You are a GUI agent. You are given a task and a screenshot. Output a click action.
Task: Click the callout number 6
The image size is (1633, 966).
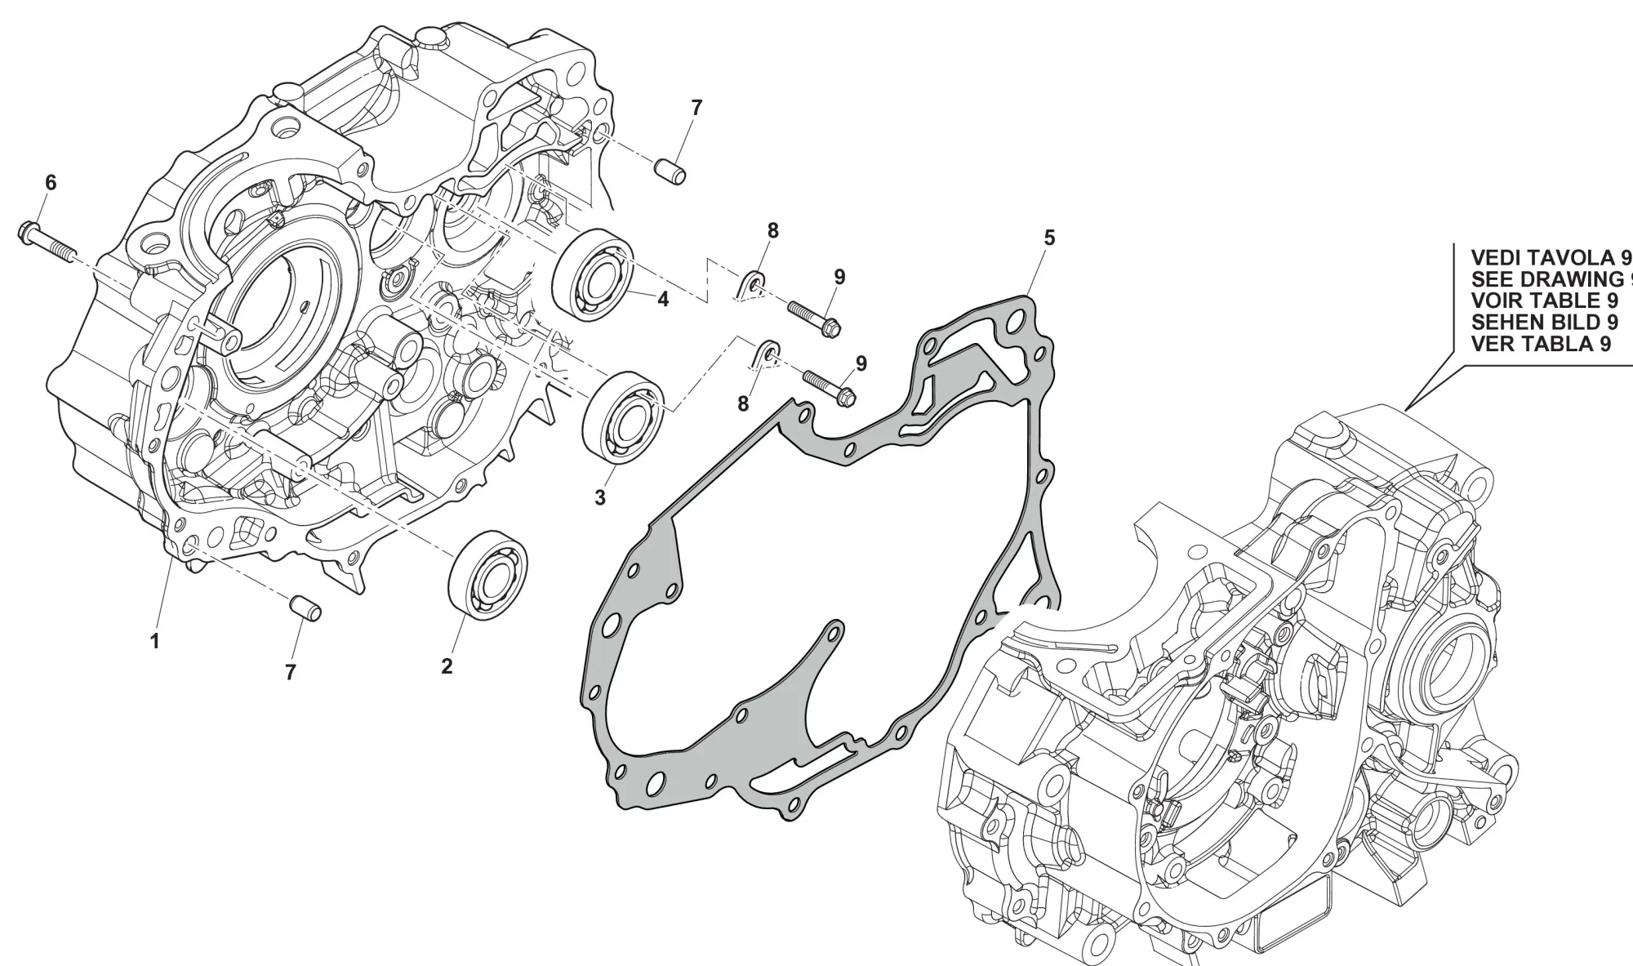[x=51, y=183]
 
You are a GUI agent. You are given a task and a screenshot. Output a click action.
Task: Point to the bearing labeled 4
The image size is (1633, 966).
[x=592, y=274]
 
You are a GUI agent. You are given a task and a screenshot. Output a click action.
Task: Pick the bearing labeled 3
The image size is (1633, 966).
[x=625, y=418]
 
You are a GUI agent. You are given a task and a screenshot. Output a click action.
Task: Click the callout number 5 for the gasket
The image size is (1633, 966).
[x=1049, y=238]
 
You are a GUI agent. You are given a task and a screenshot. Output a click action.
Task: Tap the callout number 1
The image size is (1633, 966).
[x=154, y=641]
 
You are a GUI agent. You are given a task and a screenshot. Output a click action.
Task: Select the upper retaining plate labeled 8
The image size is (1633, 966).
[x=753, y=286]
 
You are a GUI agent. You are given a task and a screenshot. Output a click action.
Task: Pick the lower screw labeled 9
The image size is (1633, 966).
[x=829, y=386]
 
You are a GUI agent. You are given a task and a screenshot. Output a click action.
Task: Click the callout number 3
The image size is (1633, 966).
[x=600, y=498]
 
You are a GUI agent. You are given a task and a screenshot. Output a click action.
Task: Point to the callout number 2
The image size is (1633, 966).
[x=447, y=666]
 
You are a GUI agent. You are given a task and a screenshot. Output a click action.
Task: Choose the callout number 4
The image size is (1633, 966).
[x=663, y=300]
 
